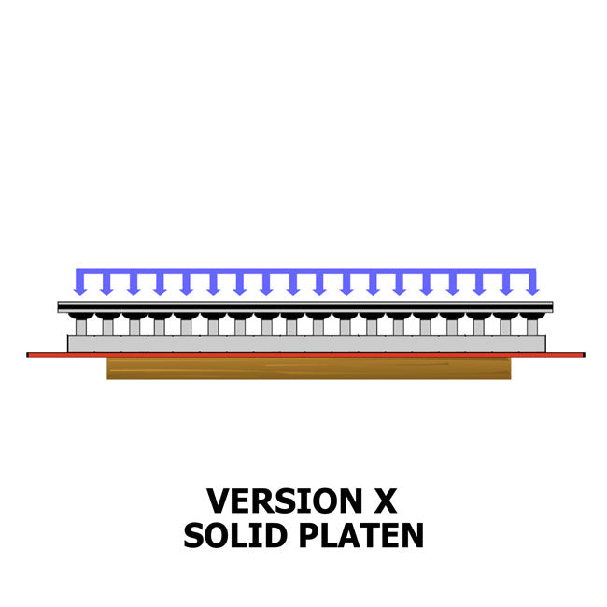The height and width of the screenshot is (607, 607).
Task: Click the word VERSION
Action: click(285, 501)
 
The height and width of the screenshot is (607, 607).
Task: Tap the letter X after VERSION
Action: click(385, 501)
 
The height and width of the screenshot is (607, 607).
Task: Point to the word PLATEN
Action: click(361, 535)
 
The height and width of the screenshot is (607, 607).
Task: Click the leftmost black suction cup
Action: click(81, 317)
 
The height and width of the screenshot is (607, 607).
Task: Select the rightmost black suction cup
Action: click(532, 317)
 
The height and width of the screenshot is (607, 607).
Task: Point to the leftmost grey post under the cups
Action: click(81, 328)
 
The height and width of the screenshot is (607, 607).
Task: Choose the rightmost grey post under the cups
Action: click(532, 328)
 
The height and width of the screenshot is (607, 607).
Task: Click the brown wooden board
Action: click(309, 368)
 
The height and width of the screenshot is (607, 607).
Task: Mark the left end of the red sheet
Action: click(27, 355)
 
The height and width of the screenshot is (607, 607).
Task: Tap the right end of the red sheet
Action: click(585, 355)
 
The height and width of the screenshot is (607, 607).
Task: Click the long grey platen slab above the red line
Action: click(306, 344)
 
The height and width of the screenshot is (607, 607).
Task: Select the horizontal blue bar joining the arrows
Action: click(305, 271)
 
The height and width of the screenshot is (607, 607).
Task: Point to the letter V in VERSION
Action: click(219, 501)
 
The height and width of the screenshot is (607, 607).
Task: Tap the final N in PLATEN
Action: click(412, 535)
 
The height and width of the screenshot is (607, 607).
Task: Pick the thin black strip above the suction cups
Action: click(305, 307)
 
